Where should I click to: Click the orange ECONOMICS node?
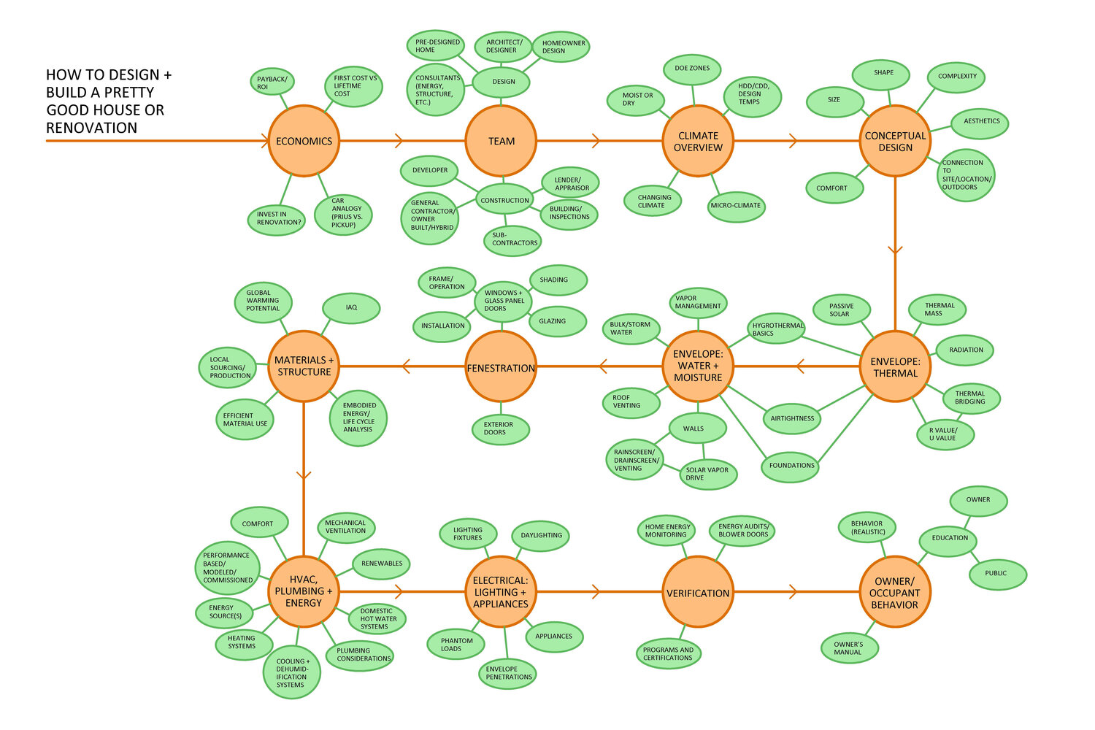(x=304, y=141)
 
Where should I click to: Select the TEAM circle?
(x=501, y=141)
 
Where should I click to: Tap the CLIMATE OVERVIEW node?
(x=698, y=141)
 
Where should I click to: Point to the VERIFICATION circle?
(x=698, y=592)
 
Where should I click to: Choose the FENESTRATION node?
(x=501, y=367)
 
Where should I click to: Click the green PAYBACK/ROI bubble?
(x=272, y=83)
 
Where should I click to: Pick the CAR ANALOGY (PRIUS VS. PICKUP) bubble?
(x=344, y=213)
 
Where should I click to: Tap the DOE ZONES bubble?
(x=692, y=68)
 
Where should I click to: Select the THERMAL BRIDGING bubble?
(x=970, y=397)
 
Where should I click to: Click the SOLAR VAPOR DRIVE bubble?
(x=707, y=474)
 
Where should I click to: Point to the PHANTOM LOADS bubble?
(x=457, y=644)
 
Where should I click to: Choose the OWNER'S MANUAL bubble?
(x=848, y=648)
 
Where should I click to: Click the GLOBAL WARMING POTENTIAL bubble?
(x=263, y=300)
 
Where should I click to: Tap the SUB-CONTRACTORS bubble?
(x=513, y=239)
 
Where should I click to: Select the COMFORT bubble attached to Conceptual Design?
(x=833, y=188)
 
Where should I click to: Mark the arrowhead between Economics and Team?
(x=399, y=141)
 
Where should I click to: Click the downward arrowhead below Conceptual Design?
(x=895, y=251)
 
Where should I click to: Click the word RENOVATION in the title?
(x=92, y=128)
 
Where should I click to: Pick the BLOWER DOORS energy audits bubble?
(x=743, y=530)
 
